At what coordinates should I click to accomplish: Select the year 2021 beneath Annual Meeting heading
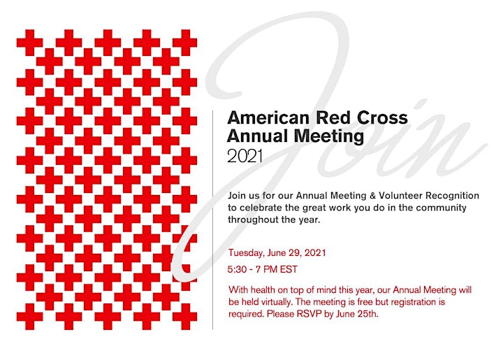coord(245,157)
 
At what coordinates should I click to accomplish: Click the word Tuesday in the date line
coord(246,253)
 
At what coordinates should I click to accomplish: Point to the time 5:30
coord(238,269)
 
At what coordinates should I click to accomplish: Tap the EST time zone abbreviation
coord(289,269)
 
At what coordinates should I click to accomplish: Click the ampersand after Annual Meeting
coord(373,196)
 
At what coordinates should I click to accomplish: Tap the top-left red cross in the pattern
coord(29,43)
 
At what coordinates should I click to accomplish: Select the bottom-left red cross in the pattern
coord(29,317)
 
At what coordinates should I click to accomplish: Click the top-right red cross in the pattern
coord(184,43)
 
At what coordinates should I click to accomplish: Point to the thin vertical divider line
coord(212,219)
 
